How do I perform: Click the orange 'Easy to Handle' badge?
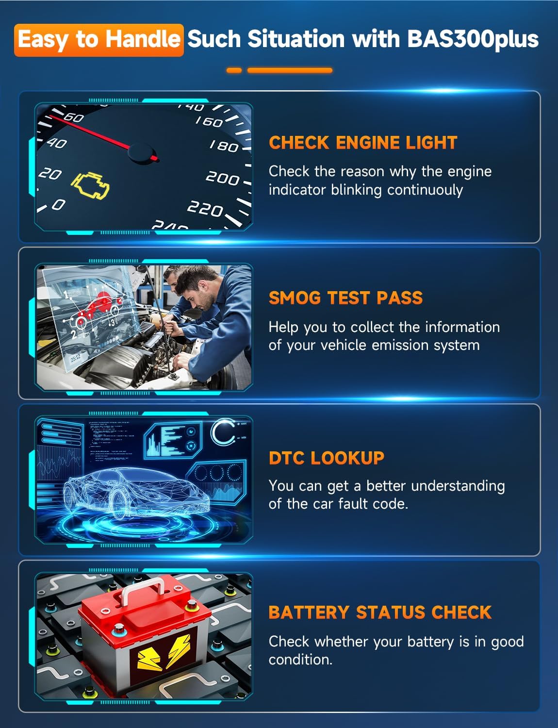99,40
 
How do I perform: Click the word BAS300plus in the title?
473,39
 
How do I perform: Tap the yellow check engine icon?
91,185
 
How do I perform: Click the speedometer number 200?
222,178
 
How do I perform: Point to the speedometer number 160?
209,121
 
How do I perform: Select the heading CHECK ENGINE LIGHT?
363,143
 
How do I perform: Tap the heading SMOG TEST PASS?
345,298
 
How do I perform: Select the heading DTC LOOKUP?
326,458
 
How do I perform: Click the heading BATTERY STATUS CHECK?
380,612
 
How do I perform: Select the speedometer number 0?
58,204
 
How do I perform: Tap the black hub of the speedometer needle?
141,153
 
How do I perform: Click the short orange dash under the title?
234,70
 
